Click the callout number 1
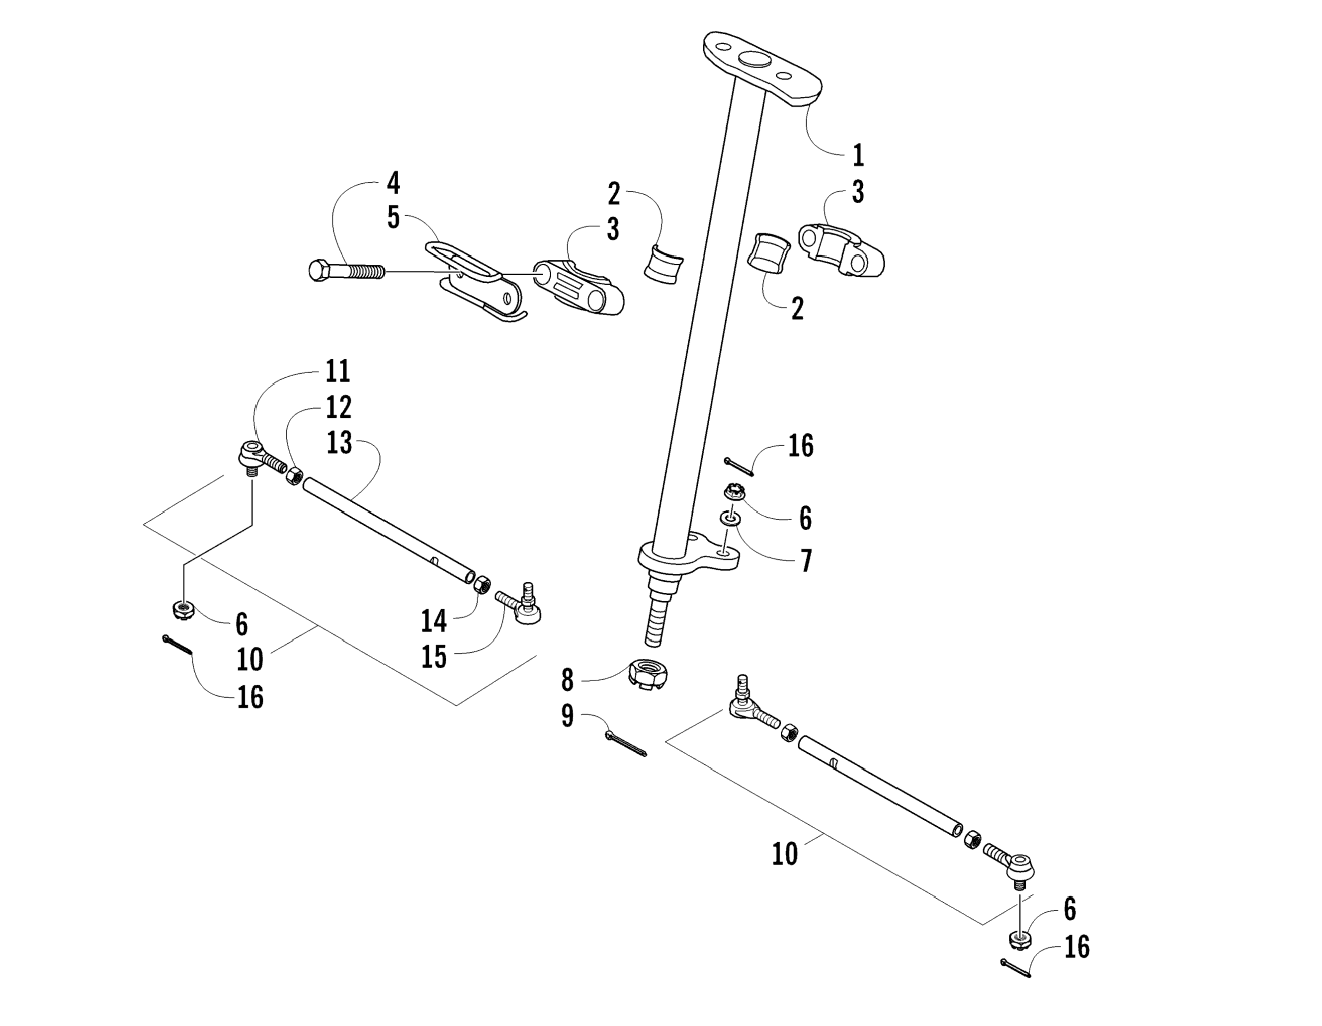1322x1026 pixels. click(858, 155)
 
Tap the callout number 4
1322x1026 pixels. click(394, 183)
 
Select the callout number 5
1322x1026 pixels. click(394, 218)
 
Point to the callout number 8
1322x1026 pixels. click(567, 680)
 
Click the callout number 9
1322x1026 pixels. click(567, 716)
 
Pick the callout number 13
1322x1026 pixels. click(339, 443)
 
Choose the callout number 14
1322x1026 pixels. click(433, 621)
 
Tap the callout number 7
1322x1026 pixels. click(806, 560)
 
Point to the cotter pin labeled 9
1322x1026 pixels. click(625, 744)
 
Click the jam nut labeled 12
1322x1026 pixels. click(294, 475)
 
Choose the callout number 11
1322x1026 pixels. click(338, 371)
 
